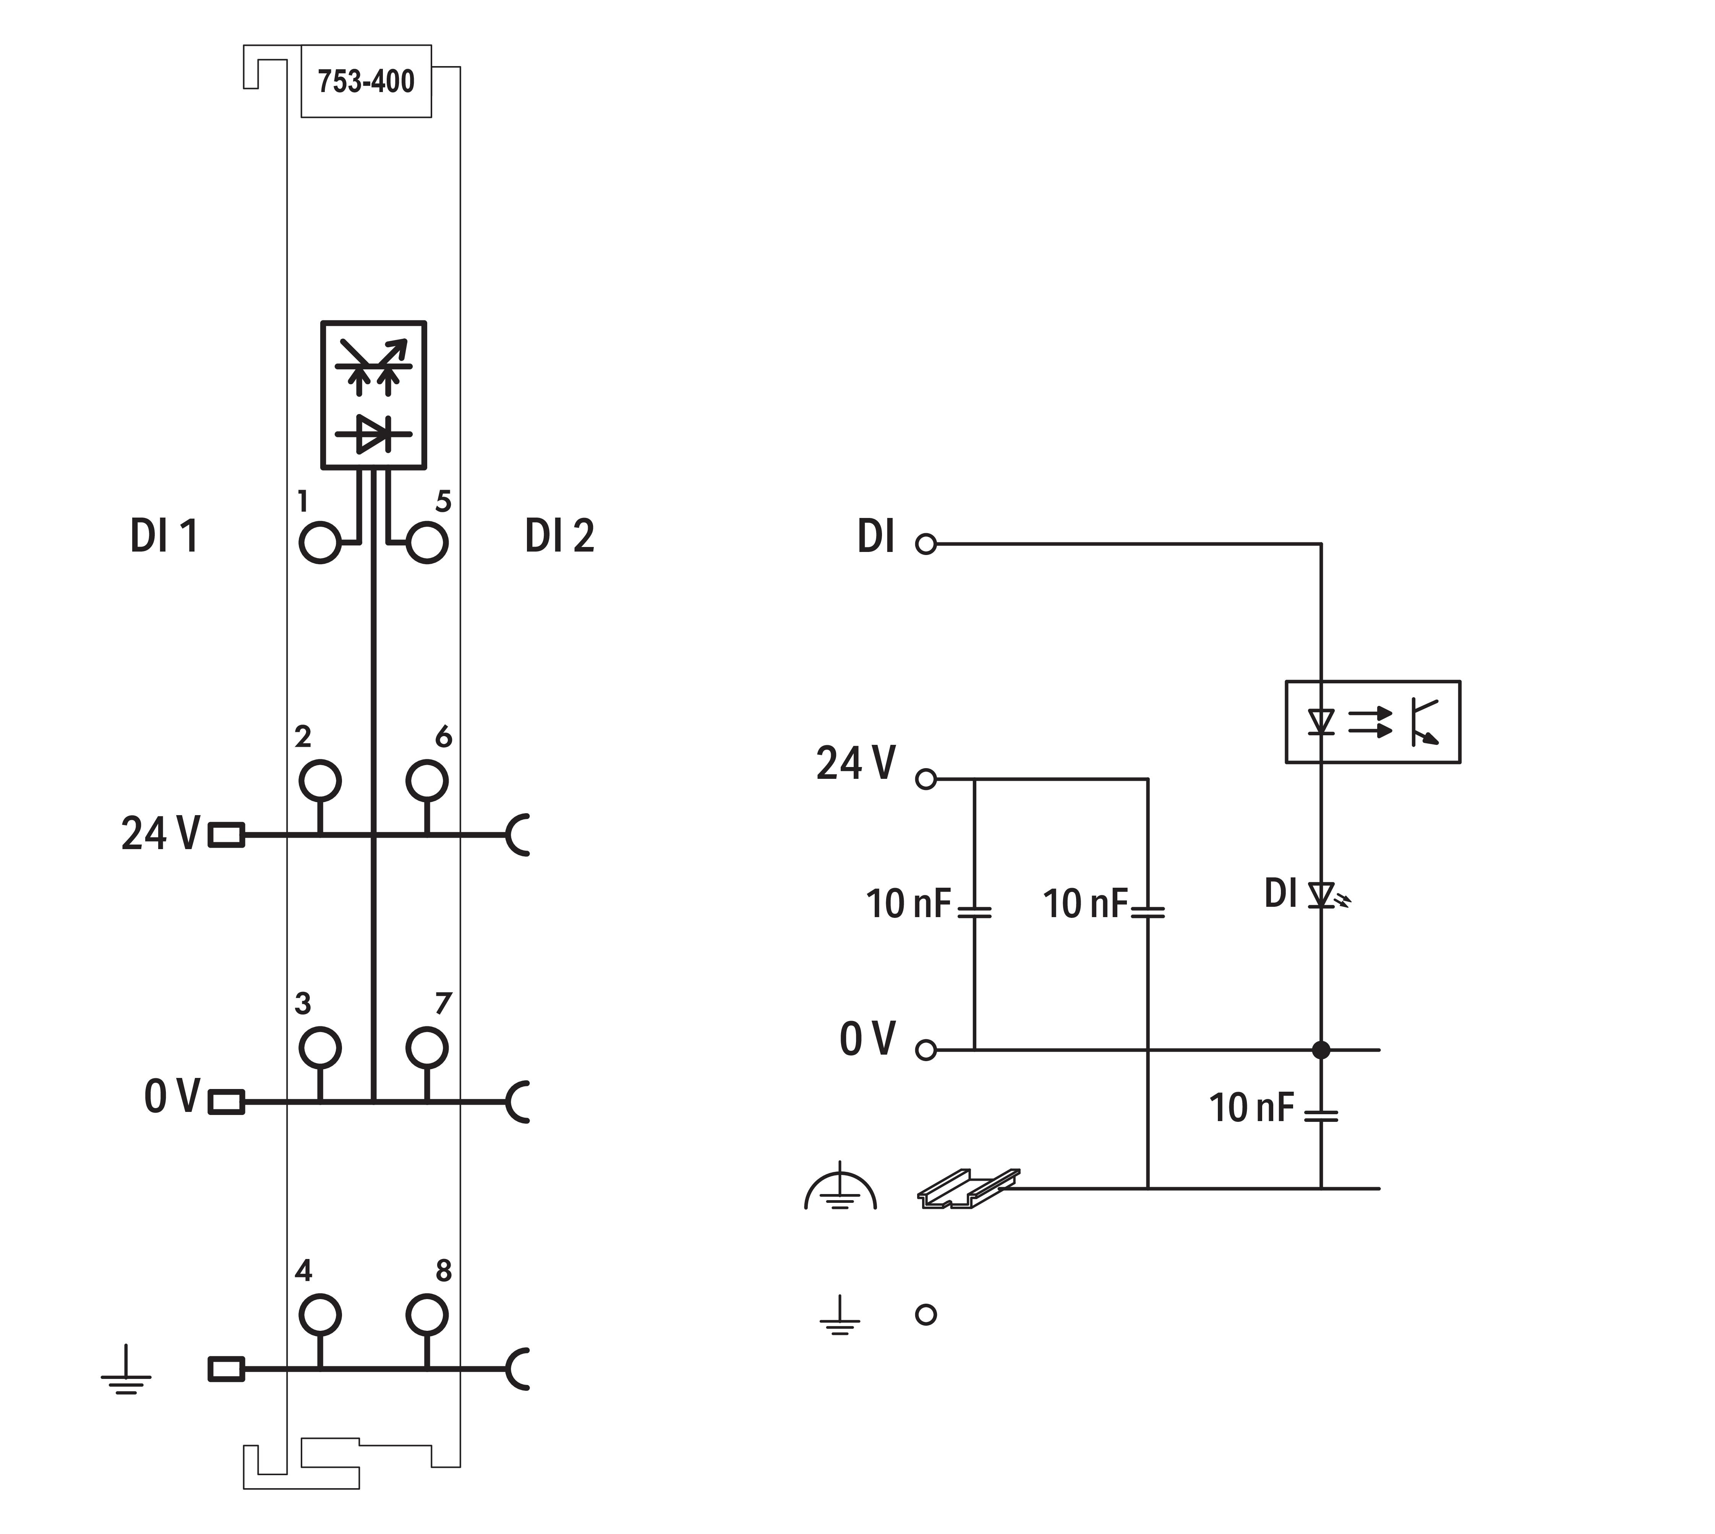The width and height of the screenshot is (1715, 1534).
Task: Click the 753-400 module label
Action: [366, 82]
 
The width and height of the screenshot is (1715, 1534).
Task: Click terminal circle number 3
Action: [319, 1048]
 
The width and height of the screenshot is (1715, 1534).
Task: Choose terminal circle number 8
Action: [426, 1314]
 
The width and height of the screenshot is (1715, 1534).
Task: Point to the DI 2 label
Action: [559, 536]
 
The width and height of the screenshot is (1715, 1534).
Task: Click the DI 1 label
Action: [164, 536]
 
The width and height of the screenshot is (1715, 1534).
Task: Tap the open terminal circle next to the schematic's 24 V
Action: [926, 780]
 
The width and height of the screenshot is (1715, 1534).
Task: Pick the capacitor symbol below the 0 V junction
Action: [1320, 1115]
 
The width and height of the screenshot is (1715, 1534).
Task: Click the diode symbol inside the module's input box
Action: [373, 434]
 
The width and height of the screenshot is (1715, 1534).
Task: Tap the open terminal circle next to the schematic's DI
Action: [926, 544]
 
